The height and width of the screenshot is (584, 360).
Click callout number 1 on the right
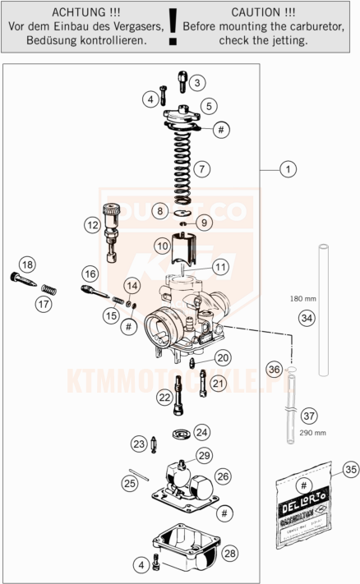[287, 170]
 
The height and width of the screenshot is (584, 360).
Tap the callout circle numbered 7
[202, 169]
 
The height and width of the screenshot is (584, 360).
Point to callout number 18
[28, 264]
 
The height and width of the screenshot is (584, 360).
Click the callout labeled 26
[223, 476]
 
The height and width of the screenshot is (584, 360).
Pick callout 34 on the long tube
[307, 317]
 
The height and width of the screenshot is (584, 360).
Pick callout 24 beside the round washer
[201, 430]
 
